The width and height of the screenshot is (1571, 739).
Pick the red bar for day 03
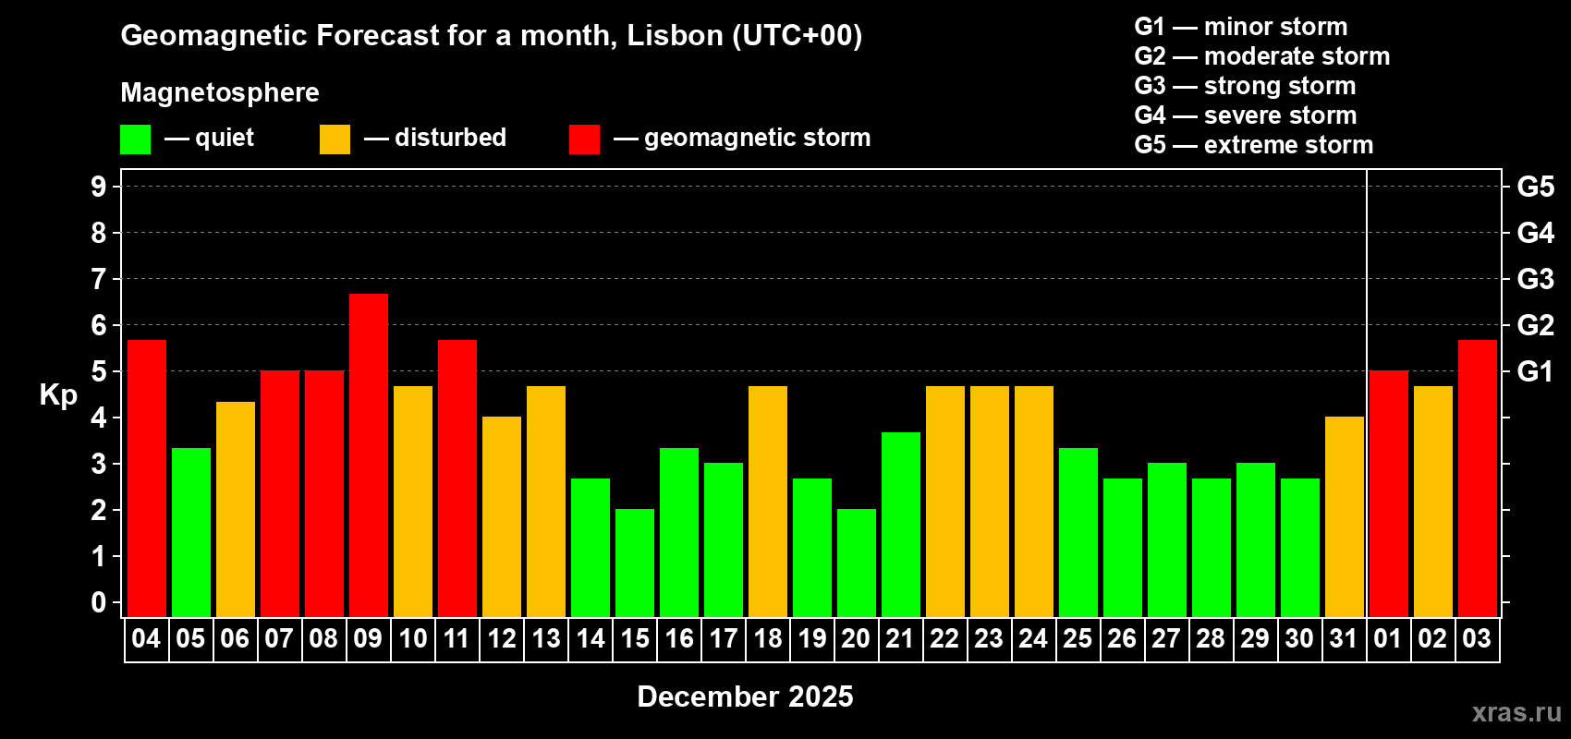[x=1477, y=478]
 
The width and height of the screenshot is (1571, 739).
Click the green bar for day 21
[x=900, y=524]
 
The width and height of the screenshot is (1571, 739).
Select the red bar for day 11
[x=457, y=478]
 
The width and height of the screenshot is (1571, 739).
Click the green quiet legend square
[x=135, y=139]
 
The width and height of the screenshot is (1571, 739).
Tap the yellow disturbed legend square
[x=335, y=139]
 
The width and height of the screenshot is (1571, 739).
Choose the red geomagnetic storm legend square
[x=584, y=139]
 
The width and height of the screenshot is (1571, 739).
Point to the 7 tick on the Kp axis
[x=99, y=279]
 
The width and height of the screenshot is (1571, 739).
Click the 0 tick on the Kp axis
[x=99, y=603]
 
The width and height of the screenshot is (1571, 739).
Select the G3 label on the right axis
[x=1535, y=279]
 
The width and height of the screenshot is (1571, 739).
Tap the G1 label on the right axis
[x=1535, y=371]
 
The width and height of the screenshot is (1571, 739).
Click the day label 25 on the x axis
[x=1078, y=638]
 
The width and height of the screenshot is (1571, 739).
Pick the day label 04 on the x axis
[x=146, y=638]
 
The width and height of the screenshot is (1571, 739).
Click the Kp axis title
[x=58, y=395]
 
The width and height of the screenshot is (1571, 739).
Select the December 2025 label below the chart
[x=745, y=697]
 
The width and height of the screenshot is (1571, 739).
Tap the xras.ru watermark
[x=1516, y=712]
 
